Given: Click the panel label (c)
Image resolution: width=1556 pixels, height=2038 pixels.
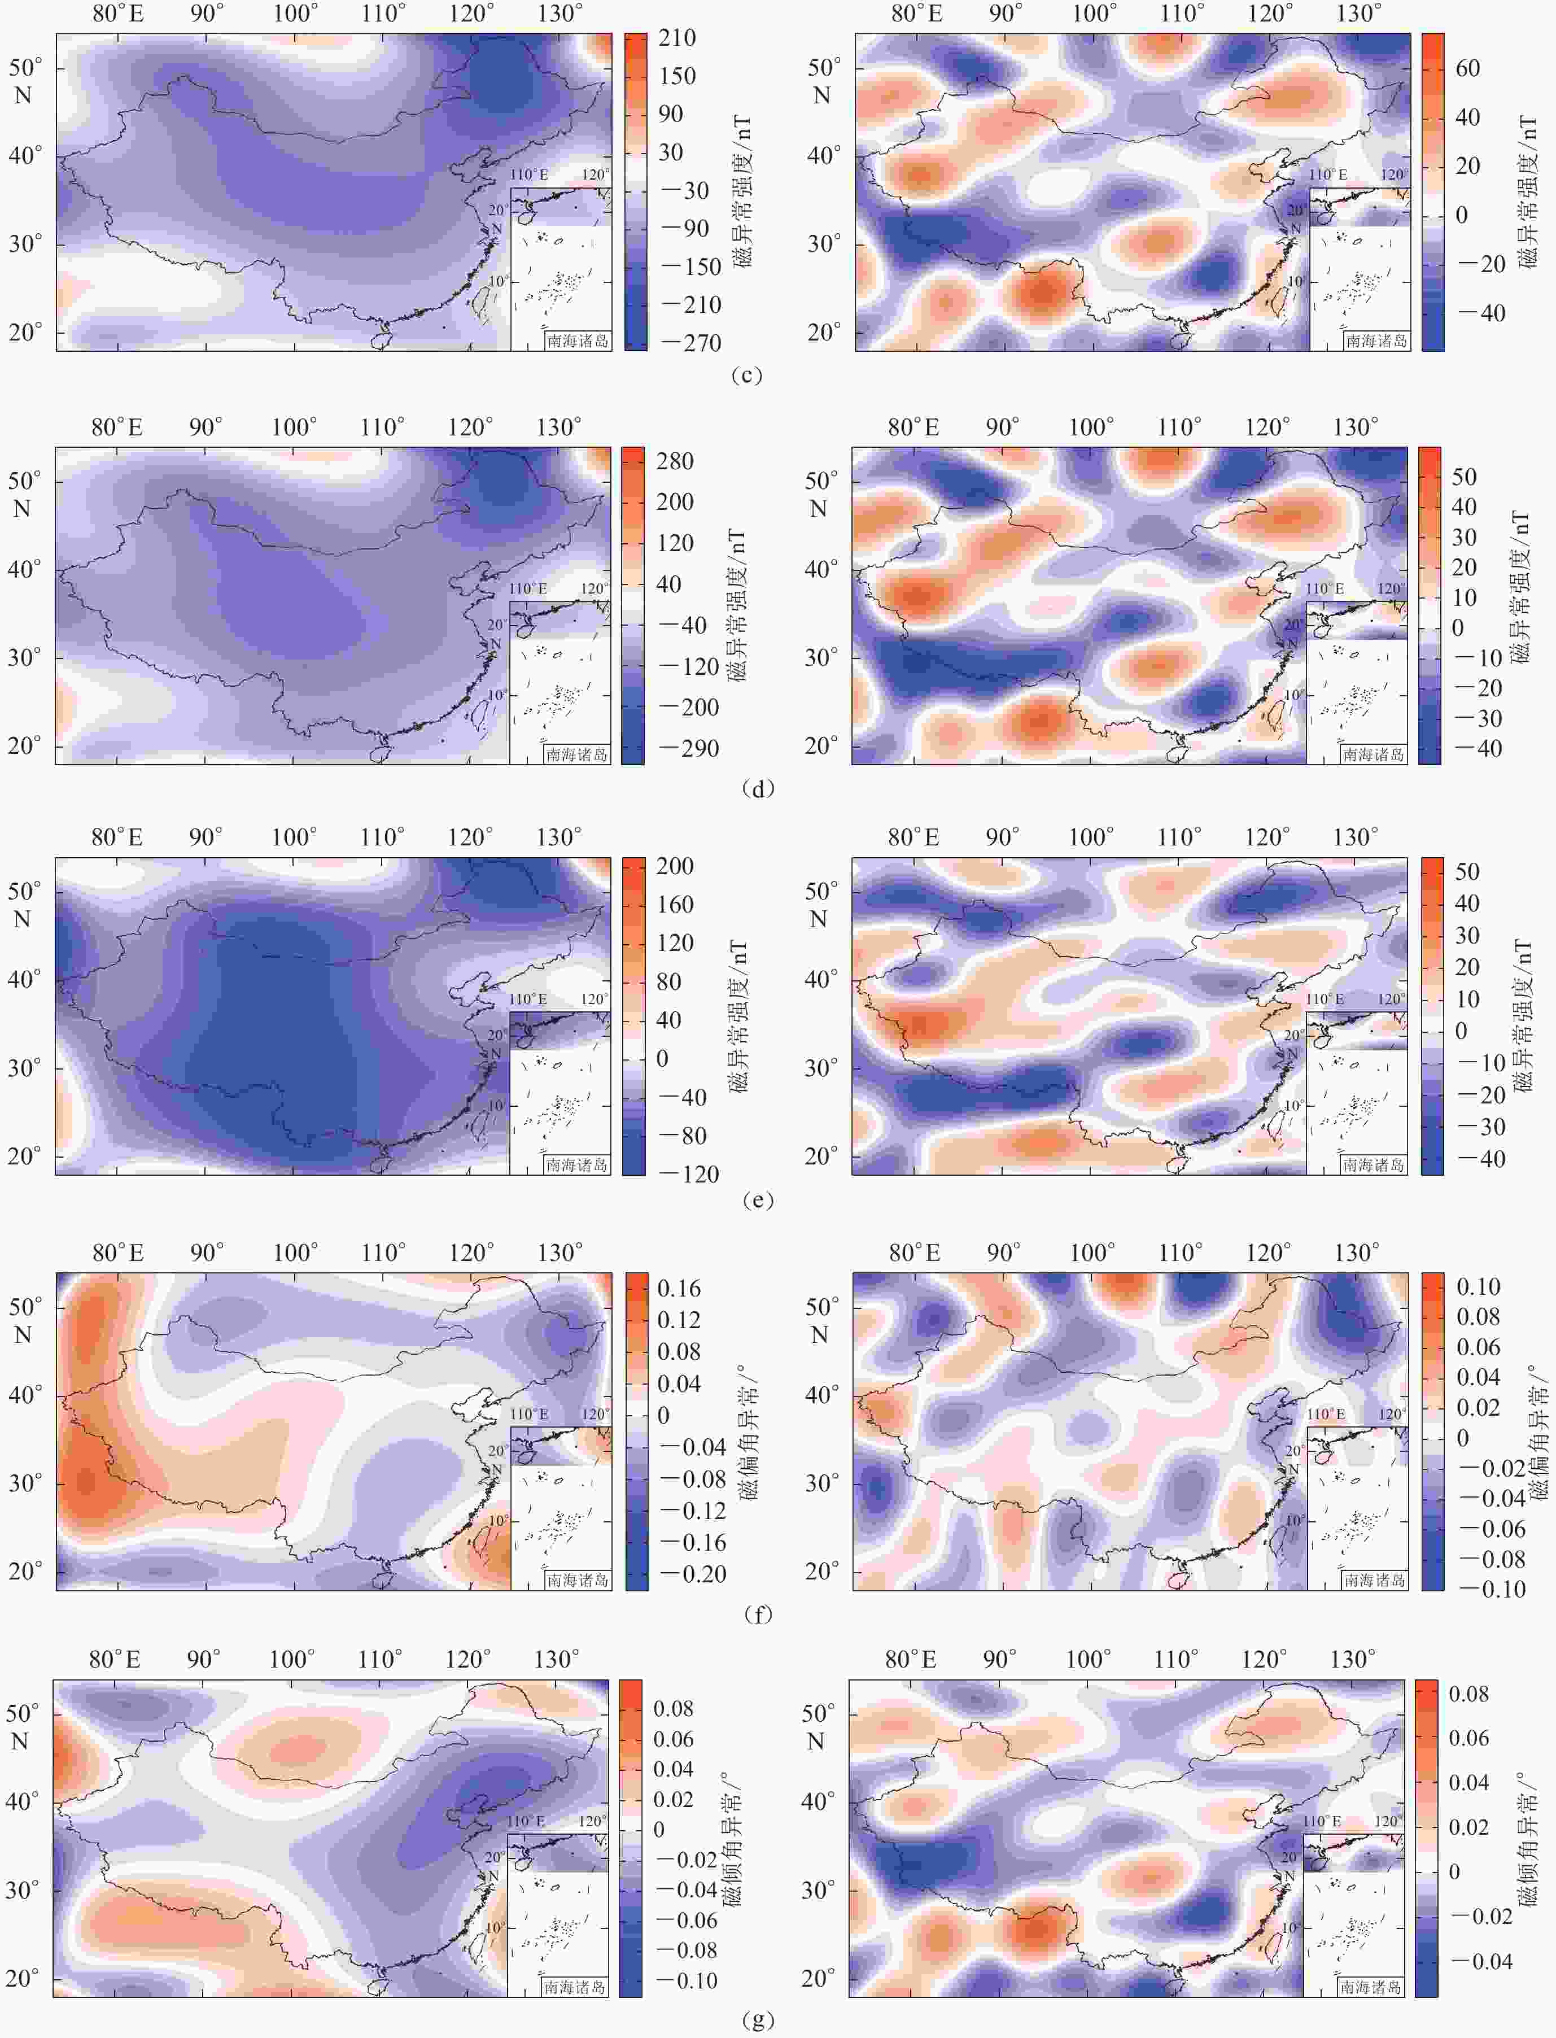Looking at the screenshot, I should point(746,375).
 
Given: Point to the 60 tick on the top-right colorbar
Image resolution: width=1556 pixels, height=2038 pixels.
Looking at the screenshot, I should point(1467,68).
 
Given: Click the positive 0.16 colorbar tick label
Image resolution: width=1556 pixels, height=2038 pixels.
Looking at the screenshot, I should point(679,1289).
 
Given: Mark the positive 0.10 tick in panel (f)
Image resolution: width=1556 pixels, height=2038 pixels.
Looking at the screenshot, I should point(1478,1287).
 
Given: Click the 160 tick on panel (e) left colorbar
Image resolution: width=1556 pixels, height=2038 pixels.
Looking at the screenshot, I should point(675,904).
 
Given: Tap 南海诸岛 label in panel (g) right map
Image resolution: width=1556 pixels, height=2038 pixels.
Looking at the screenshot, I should point(1370,1987).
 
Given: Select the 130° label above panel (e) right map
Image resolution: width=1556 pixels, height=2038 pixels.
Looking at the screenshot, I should point(1355,837).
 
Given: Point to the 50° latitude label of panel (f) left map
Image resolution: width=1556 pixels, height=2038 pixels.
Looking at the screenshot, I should point(24,1307).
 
